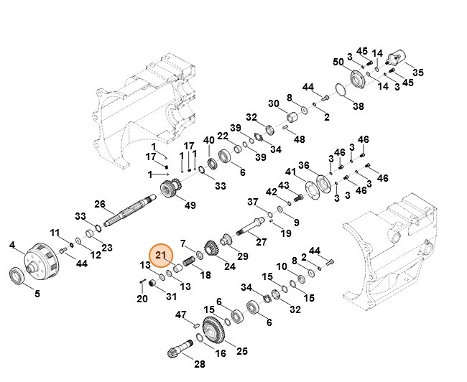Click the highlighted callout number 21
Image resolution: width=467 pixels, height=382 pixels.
click(x=161, y=255)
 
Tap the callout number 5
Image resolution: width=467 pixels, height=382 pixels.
click(x=37, y=293)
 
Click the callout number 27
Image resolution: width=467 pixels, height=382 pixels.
click(x=262, y=241)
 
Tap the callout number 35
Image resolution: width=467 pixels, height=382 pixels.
click(x=418, y=73)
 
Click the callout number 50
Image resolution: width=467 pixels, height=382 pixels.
click(x=338, y=62)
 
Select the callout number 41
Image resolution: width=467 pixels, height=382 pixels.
click(x=290, y=172)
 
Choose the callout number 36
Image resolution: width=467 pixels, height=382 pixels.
click(x=304, y=165)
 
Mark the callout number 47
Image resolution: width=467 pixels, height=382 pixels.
click(x=182, y=315)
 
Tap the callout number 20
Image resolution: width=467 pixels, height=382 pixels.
click(x=142, y=298)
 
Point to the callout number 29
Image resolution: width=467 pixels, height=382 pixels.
click(x=243, y=256)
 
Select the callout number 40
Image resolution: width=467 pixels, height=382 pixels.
click(x=209, y=140)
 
